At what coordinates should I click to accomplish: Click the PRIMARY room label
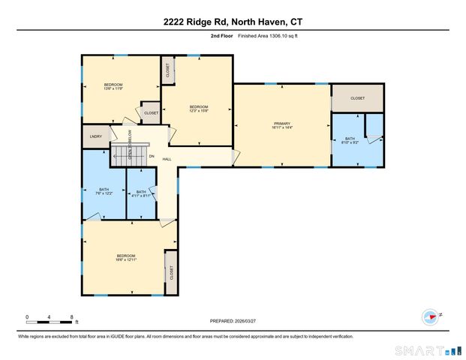281,125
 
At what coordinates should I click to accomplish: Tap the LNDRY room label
96,136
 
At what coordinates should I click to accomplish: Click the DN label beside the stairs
151,156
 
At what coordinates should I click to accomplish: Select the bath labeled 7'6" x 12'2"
104,191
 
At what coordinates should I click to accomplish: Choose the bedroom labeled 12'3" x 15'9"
198,109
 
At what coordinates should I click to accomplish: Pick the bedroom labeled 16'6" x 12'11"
125,258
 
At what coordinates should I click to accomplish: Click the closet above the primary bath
357,98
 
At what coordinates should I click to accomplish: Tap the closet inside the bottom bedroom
170,274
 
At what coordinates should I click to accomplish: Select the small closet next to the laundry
151,112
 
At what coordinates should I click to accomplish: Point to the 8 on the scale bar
71,316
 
